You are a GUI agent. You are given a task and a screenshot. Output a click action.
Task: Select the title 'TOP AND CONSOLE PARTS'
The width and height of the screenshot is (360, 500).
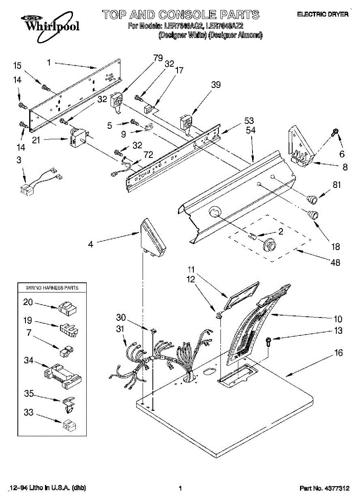(181, 15)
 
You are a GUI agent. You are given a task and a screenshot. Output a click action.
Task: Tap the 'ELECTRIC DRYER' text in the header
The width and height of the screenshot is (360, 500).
(322, 14)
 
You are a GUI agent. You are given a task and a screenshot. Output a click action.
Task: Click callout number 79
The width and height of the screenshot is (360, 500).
(158, 58)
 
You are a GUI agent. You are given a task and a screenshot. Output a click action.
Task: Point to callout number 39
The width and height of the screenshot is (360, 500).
(216, 85)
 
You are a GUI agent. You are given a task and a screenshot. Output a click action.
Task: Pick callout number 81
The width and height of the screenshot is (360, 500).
(337, 185)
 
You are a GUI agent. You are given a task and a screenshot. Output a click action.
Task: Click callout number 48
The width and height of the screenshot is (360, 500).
(335, 262)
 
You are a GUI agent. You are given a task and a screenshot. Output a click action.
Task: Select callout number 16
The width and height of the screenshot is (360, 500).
(338, 353)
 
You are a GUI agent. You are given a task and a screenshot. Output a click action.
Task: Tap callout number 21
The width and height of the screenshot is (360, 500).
(36, 140)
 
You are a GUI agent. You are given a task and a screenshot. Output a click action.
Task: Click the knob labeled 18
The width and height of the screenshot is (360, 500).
(312, 215)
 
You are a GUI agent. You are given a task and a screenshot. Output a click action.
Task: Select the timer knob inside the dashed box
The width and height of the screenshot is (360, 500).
(269, 245)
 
